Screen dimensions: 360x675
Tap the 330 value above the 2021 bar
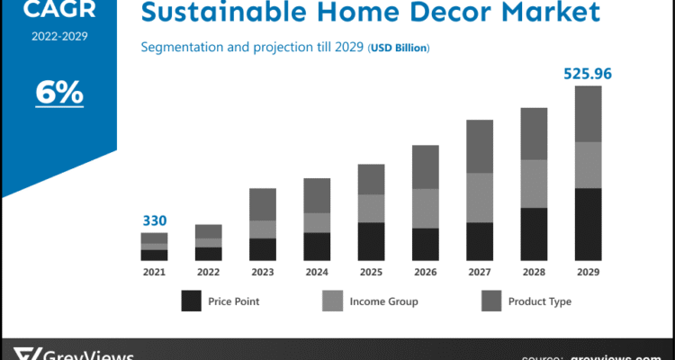[154, 220]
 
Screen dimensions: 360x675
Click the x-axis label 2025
[371, 271]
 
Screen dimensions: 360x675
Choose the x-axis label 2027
[479, 271]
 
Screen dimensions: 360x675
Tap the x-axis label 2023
[262, 271]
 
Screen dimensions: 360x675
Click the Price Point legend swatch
[191, 301]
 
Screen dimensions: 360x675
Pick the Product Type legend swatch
[491, 301]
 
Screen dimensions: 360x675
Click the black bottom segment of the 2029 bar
[588, 224]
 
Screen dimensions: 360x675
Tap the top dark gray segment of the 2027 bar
[479, 146]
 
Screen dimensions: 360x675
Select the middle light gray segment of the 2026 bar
[425, 208]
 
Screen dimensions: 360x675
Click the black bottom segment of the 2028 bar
[534, 234]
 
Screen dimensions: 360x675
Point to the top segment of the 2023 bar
[262, 204]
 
